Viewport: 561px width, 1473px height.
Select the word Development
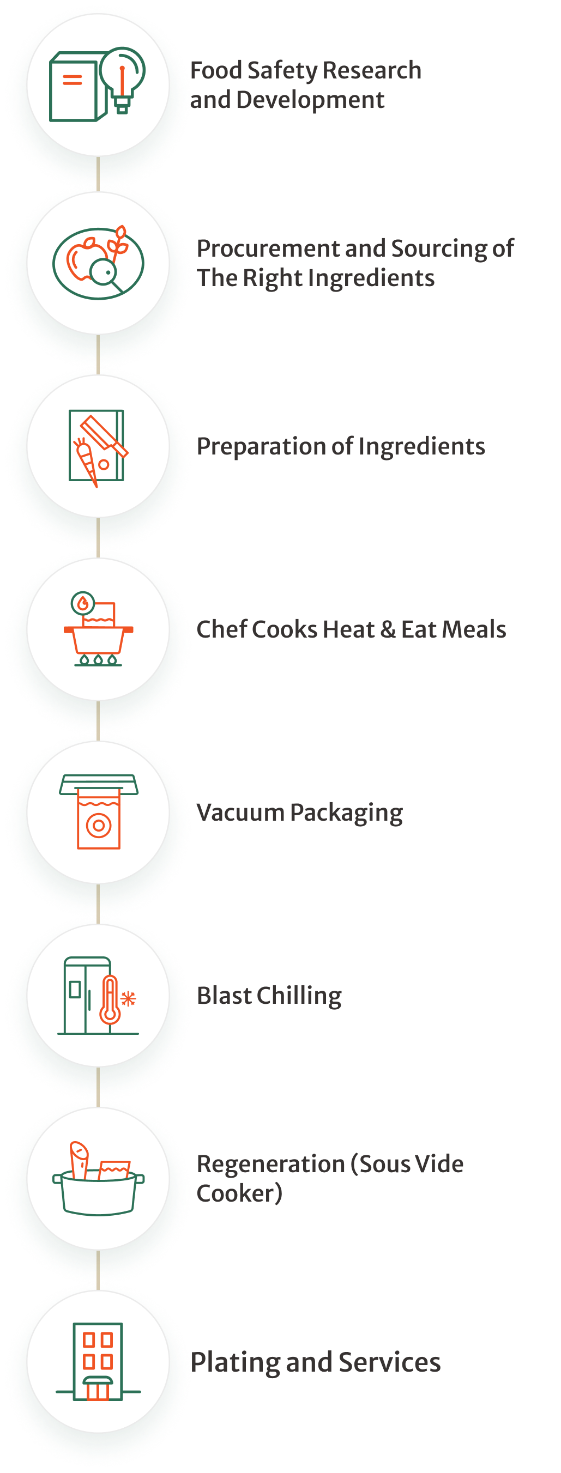coord(310,101)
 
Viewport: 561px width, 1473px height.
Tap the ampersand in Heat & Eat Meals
coord(387,629)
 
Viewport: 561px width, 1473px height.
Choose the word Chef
coord(221,629)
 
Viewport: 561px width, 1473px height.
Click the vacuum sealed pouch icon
coord(98,818)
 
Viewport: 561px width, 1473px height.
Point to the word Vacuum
coord(240,813)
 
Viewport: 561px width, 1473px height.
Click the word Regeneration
coord(270,1164)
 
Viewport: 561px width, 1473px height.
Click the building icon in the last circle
coord(98,1361)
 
